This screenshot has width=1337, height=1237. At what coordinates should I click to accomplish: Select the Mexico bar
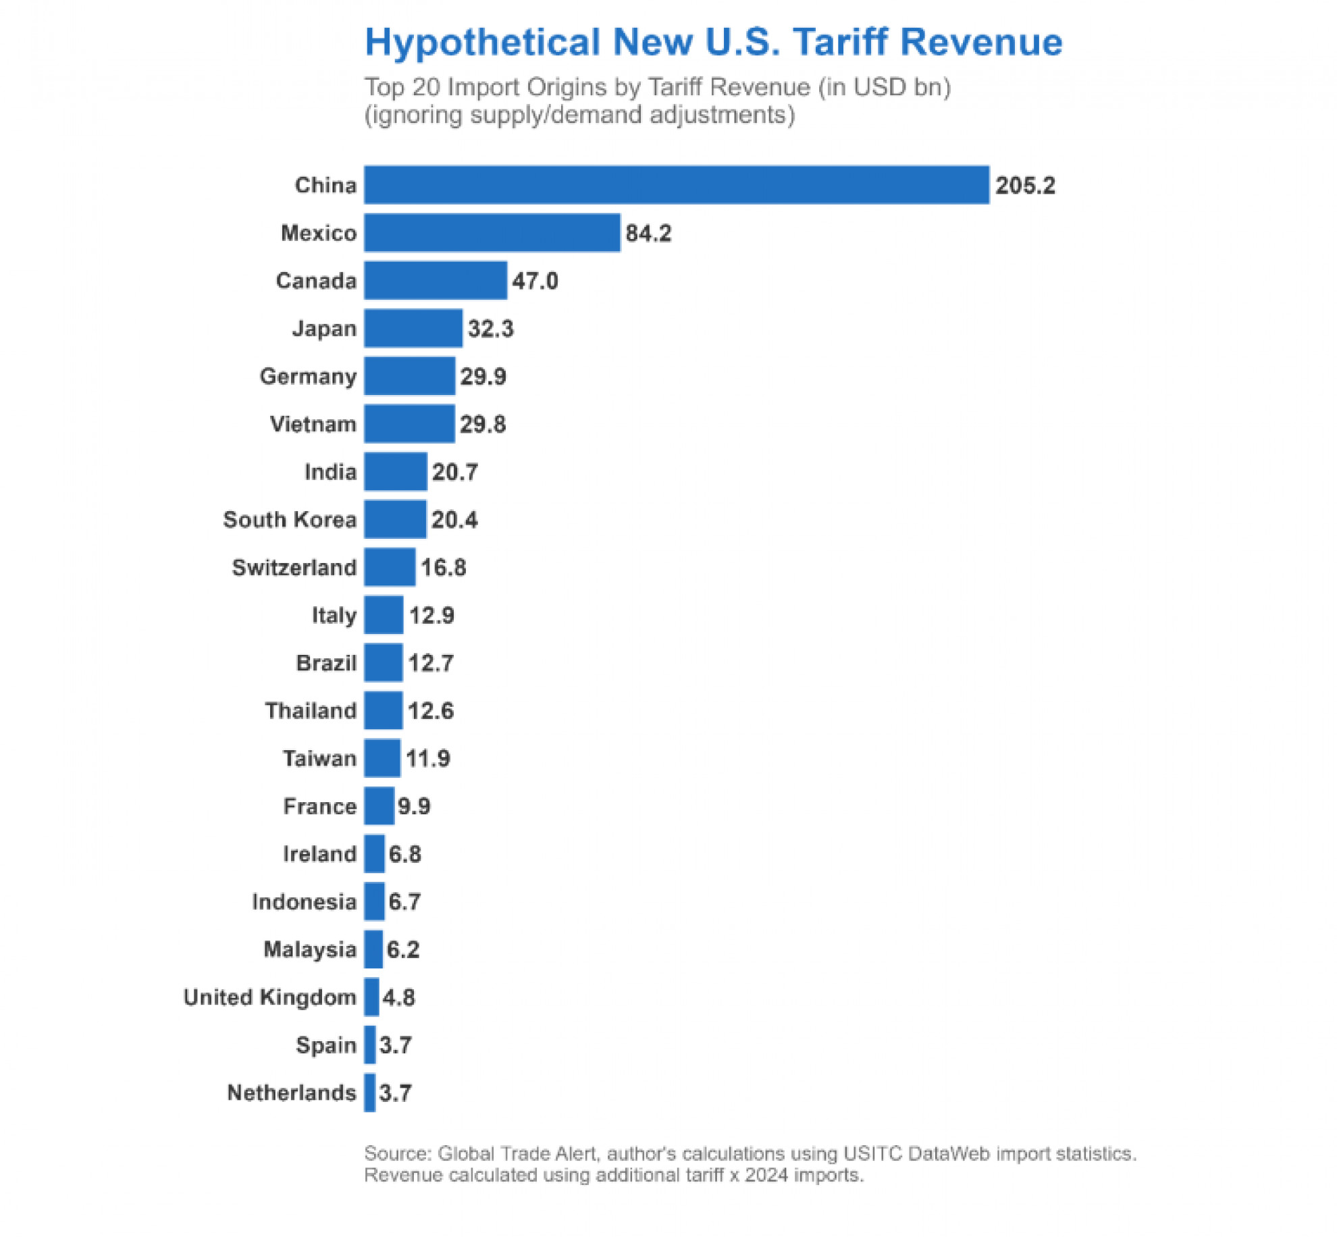point(492,233)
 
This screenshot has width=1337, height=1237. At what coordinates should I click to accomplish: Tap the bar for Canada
point(436,281)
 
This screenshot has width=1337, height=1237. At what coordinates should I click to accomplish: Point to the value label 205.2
point(1025,186)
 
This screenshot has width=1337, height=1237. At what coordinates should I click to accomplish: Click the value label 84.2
point(648,234)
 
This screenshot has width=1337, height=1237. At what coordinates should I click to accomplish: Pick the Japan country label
point(324,329)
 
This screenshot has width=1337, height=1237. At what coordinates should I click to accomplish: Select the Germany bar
point(409,376)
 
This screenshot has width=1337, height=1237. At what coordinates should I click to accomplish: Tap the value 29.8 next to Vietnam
point(483,425)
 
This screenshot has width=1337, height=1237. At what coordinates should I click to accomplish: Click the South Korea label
point(290,520)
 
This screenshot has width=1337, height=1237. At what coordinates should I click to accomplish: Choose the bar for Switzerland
point(390,567)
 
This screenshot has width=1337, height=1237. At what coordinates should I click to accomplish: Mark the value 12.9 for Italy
point(431,616)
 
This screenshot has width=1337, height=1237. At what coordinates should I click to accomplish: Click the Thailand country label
point(311,711)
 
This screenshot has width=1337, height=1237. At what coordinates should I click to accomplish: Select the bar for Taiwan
point(382,758)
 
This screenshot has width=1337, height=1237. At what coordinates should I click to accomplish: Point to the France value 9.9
point(414,806)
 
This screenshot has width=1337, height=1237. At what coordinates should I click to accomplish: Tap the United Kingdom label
point(269,997)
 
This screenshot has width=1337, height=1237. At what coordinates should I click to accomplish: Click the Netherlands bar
point(369,1093)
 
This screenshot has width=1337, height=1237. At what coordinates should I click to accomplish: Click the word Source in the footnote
point(397,1154)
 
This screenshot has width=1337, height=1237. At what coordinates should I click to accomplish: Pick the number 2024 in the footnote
point(766,1176)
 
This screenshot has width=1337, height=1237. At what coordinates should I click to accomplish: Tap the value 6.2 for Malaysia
point(403,950)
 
